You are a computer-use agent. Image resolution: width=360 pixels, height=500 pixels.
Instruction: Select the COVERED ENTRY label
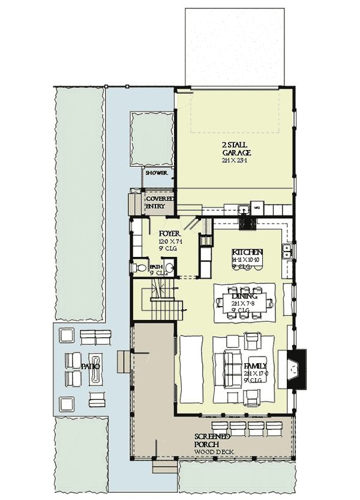coord(160,202)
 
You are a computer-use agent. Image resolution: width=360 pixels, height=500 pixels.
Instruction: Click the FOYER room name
coord(170,233)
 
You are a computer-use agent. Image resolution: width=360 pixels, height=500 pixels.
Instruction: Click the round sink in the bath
coord(170,268)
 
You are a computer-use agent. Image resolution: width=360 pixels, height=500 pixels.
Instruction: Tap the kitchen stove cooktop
coord(248,223)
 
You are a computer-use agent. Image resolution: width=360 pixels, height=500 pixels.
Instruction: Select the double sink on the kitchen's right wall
coord(289,252)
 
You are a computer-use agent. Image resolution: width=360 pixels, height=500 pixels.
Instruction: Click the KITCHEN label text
coord(248,252)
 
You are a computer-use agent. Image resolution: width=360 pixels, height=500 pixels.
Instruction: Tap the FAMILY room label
coord(255,366)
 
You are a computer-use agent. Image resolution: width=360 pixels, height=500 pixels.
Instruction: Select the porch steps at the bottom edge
coord(163,468)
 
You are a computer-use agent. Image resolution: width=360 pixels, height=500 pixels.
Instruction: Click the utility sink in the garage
coord(244,209)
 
